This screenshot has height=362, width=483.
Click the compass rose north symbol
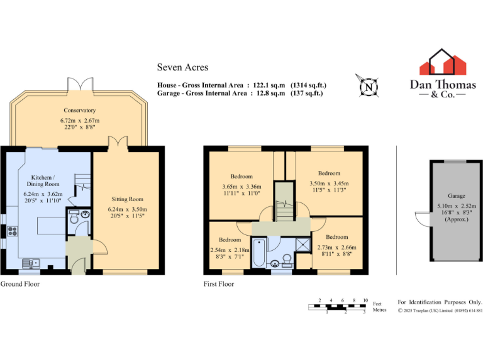[x=367, y=86]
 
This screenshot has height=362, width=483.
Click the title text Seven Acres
[x=182, y=67]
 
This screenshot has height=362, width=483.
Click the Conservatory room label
[x=79, y=110]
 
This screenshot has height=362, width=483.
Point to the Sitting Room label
[x=128, y=199]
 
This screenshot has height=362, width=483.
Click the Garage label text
[x=457, y=196]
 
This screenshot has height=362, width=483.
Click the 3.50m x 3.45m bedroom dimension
[x=329, y=182]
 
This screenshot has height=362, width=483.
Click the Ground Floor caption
[x=20, y=284]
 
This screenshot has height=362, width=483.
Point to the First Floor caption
[x=219, y=284]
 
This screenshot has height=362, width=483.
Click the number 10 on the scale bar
[x=365, y=300]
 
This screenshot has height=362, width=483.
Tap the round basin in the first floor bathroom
[x=275, y=263]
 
